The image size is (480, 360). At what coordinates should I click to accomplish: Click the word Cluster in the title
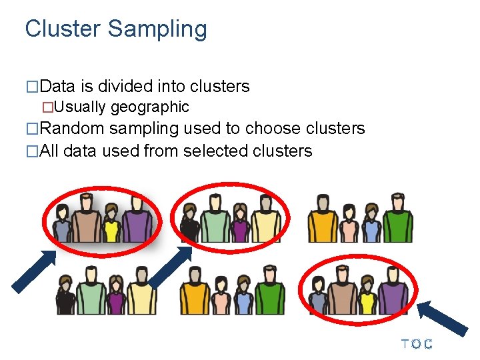coord(61,29)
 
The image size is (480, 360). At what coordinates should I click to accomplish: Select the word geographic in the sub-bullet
coord(149,107)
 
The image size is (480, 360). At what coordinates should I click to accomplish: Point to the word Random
coord(73,128)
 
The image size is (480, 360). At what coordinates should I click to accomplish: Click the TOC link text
coord(417,344)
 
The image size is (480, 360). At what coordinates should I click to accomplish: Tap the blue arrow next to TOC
coord(443,319)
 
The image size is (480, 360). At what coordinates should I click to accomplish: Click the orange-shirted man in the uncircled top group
coord(323,220)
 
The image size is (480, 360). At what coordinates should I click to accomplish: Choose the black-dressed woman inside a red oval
coord(190,225)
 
